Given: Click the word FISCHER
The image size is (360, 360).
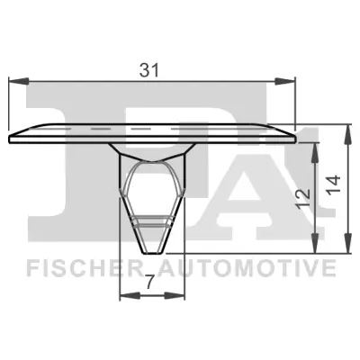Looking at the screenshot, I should pos(78,268).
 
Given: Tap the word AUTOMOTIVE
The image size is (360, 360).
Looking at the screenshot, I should pos(247,268).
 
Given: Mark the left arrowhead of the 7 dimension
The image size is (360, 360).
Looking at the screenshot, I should pos(125,295).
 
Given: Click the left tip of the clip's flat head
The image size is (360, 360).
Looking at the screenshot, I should pos(9,138).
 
